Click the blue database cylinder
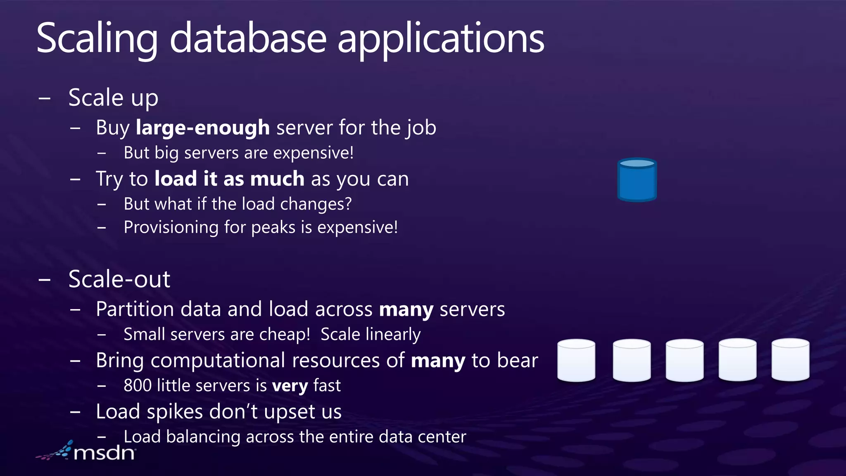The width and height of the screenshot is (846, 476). click(x=637, y=180)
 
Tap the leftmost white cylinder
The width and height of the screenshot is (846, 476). click(x=576, y=360)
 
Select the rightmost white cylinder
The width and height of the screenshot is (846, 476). click(x=790, y=359)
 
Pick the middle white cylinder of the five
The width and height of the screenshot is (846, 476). click(x=684, y=360)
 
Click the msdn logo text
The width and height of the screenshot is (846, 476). click(x=104, y=453)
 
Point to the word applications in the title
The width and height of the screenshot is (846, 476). click(x=441, y=38)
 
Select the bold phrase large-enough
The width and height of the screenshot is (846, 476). click(x=203, y=128)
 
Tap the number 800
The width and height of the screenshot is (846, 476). click(x=138, y=386)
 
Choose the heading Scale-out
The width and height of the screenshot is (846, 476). click(x=119, y=279)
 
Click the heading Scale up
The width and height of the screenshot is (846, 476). click(x=113, y=98)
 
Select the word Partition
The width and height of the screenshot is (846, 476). click(x=135, y=309)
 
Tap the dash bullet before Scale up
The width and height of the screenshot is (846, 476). click(x=44, y=98)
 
